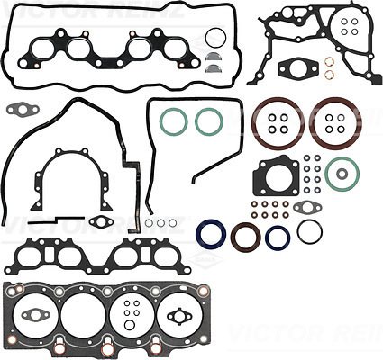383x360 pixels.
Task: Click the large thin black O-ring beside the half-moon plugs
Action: tap(206, 38)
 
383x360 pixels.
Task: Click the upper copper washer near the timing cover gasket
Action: tap(329, 62)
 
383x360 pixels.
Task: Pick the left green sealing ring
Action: tap(160, 121)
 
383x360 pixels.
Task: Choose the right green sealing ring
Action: tap(196, 121)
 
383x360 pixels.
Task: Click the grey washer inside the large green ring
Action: tap(342, 174)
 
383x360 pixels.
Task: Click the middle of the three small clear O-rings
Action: tap(160, 223)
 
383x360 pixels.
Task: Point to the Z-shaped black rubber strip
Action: tap(57, 220)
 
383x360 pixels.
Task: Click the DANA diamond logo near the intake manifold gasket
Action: tap(204, 257)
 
